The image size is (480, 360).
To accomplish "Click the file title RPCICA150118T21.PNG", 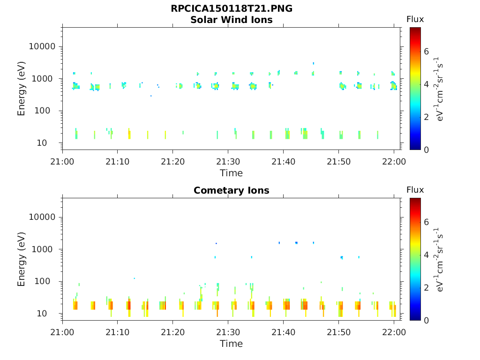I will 232,9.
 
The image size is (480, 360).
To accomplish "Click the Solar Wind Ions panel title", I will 232,20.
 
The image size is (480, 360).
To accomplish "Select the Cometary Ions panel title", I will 232,190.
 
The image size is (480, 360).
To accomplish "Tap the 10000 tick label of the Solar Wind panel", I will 42,47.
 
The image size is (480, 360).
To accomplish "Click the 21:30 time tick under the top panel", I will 228,162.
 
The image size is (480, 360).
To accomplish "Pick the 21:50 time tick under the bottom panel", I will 338,332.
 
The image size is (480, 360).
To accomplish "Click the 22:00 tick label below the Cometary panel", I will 394,332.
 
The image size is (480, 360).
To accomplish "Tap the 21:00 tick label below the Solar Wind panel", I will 62,162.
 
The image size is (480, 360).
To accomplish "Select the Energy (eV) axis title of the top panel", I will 22,89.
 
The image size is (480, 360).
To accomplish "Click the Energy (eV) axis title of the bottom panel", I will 22,259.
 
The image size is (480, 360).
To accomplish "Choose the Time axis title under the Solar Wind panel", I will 232,173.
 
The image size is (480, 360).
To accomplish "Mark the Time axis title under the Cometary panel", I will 232,344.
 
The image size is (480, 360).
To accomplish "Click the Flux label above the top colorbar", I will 415,19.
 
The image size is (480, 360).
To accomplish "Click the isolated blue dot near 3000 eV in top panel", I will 314,63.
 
